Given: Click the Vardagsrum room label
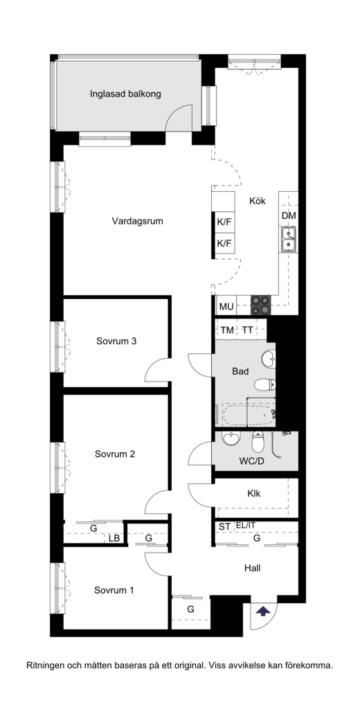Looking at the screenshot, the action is [137, 221].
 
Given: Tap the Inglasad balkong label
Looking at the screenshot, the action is [125, 94].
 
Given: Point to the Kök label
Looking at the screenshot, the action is [258, 201].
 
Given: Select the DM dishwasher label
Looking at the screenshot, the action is [289, 215].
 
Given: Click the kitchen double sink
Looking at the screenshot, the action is [288, 239].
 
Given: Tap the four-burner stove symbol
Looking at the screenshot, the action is [260, 305].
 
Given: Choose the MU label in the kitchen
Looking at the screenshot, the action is [226, 306].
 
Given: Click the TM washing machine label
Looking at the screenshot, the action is [227, 330].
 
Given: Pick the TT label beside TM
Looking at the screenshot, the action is [247, 330].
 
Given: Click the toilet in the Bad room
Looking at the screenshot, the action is [265, 384].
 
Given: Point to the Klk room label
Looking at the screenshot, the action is [253, 493].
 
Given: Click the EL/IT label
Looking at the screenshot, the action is [245, 526].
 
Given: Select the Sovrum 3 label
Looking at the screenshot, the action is [116, 341].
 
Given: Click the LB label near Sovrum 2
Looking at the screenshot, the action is [114, 539].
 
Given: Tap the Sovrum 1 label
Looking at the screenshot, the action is [114, 591].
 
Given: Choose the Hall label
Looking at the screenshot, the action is [252, 569].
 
